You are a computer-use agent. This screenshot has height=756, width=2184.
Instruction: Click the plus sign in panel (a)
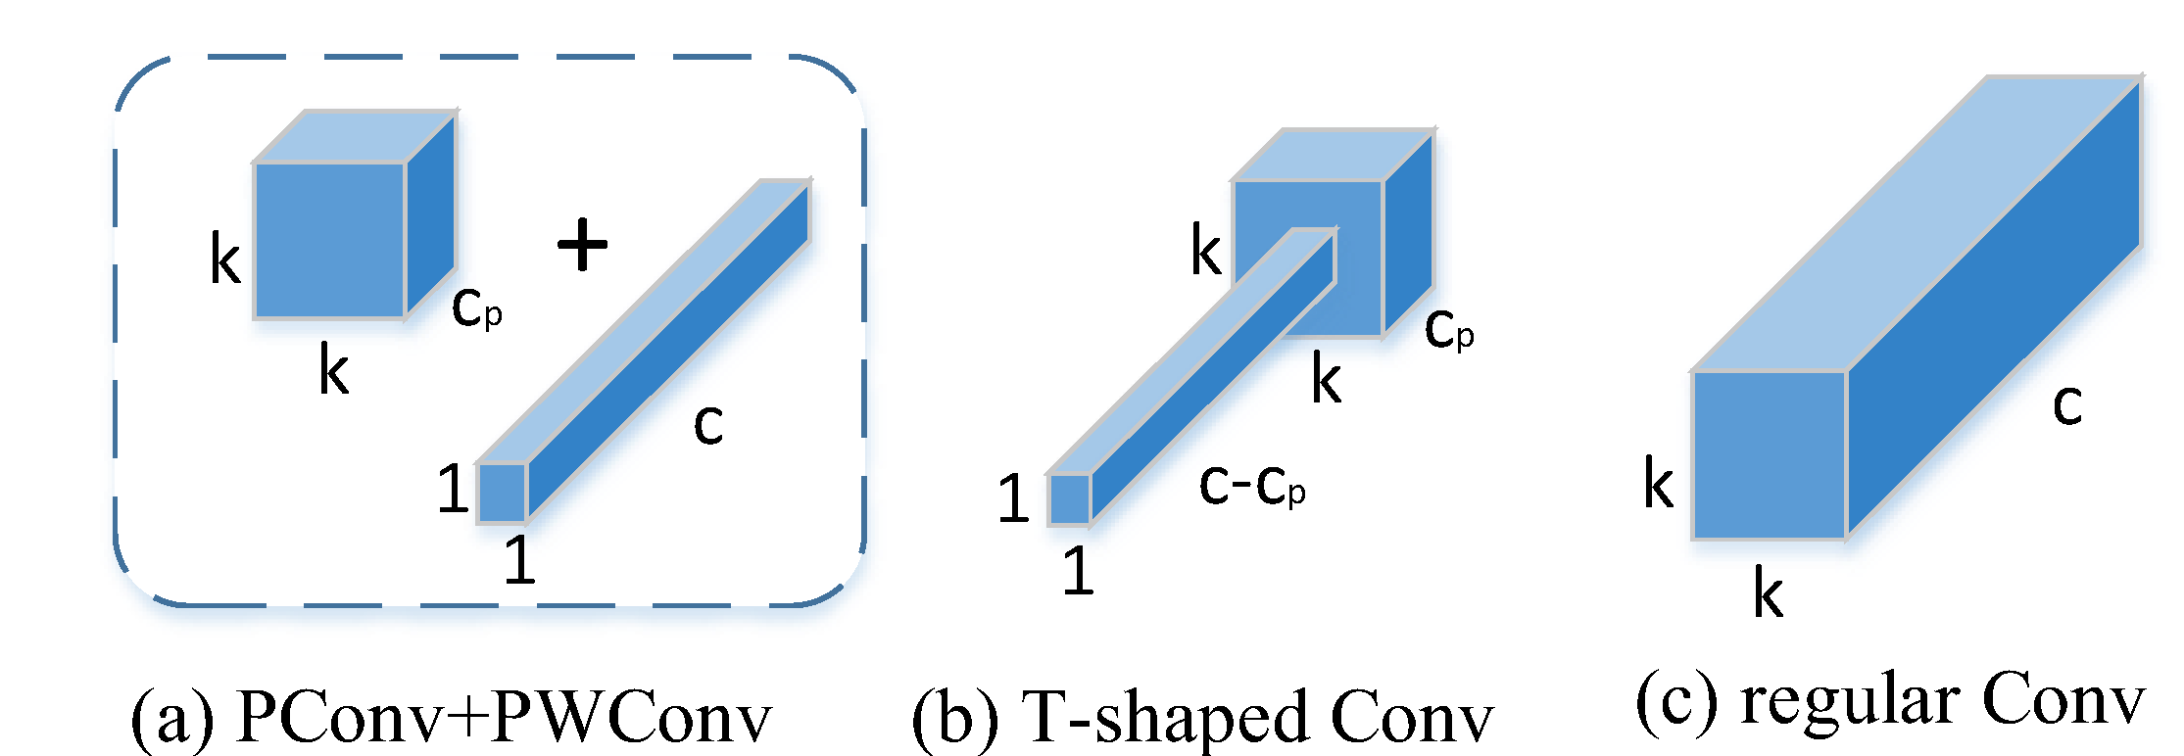click(582, 244)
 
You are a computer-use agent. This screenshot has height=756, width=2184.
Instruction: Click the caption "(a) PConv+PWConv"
click(451, 717)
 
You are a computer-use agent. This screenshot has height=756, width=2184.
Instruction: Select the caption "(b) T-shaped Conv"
click(1202, 717)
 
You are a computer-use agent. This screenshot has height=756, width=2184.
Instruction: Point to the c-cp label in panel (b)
click(1251, 485)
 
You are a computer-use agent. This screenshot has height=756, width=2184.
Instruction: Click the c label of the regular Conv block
click(2066, 403)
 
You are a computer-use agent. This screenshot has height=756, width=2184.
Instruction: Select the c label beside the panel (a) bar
click(707, 423)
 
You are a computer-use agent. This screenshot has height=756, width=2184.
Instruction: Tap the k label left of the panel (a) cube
click(224, 260)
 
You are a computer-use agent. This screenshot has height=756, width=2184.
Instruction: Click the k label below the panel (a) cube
click(333, 372)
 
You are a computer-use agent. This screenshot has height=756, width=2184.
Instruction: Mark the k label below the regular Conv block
click(1768, 593)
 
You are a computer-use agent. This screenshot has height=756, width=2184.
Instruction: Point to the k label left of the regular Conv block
click(1658, 484)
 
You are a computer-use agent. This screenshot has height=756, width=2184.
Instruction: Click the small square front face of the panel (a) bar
click(502, 493)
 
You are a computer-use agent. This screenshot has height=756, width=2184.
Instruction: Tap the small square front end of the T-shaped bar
click(1069, 499)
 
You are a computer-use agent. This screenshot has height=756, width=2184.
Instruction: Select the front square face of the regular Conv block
click(1769, 455)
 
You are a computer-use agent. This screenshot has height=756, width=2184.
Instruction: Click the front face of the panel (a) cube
click(329, 241)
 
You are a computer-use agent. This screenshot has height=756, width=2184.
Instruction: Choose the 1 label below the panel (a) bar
click(519, 560)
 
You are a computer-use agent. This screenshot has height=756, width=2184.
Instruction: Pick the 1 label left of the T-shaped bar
click(1013, 498)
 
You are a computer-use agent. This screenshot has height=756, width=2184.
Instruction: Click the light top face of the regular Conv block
click(1911, 225)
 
